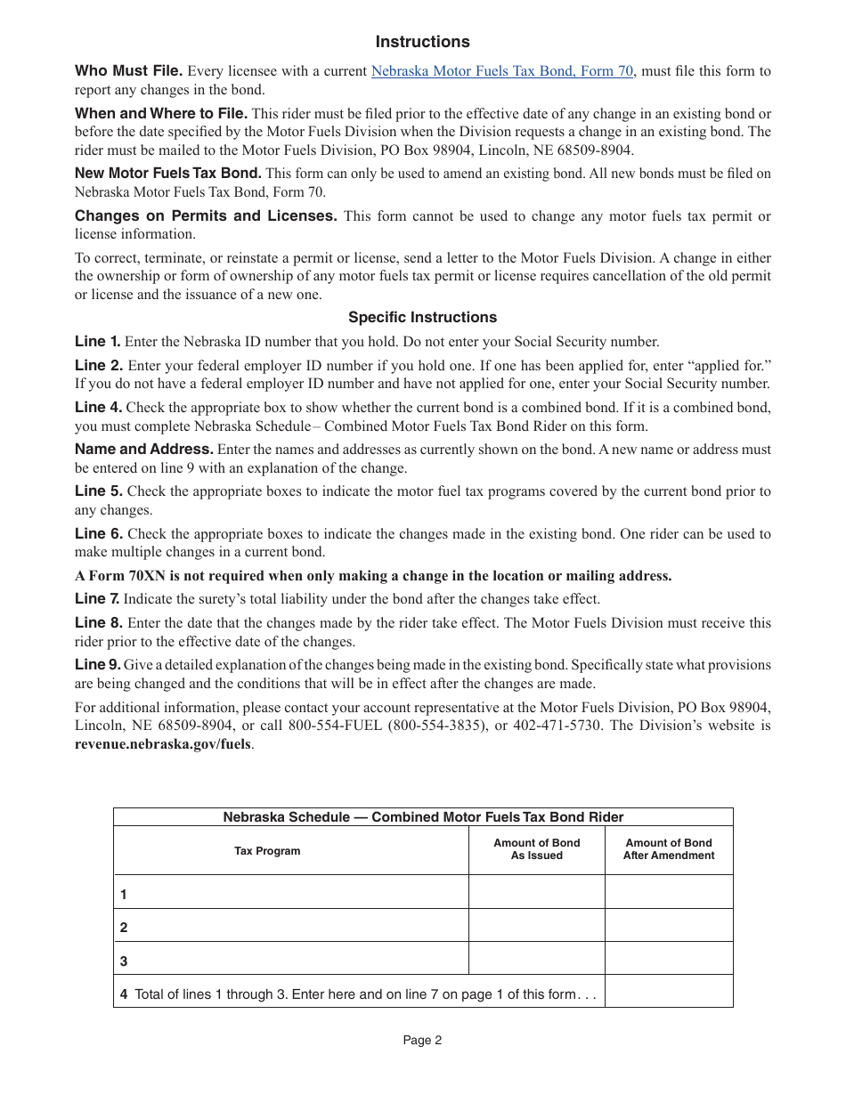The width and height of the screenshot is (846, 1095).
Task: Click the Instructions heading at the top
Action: pos(422,42)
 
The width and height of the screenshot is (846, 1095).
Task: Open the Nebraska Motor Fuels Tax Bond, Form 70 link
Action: pos(502,71)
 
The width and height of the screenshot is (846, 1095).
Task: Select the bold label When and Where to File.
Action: pos(161,113)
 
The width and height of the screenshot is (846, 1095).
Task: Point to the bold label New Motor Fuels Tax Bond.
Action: pos(167,174)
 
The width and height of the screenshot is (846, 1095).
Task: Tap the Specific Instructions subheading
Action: pos(422,317)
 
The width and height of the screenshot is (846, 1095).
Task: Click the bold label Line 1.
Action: pos(97,341)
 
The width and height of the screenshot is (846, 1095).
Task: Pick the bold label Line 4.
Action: pos(98,407)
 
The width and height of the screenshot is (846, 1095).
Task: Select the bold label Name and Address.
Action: pos(143,450)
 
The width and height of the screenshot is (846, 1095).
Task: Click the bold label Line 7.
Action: pos(97,599)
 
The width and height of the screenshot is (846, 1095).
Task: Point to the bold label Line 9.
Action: pos(97,664)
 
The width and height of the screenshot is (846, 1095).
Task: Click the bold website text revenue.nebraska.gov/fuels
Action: pos(163,744)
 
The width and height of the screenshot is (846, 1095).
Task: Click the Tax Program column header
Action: pos(267,851)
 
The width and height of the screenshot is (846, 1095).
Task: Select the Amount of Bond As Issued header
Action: pos(536,849)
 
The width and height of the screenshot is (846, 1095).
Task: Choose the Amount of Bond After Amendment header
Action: pos(669,849)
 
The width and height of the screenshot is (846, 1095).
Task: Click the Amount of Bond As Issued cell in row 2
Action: pos(536,926)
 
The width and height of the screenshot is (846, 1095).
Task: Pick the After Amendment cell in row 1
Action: pos(669,892)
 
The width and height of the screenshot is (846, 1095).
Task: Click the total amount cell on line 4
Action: pos(669,992)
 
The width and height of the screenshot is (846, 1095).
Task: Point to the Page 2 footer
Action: pos(422,1040)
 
